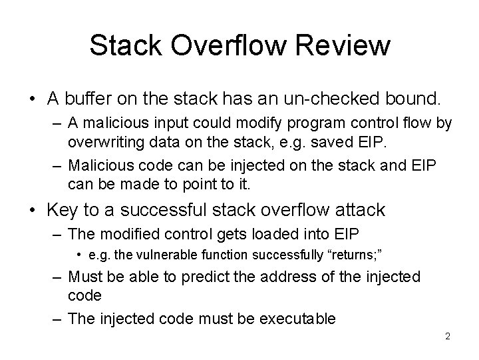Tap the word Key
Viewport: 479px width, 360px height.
coord(66,211)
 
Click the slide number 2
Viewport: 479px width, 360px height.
coord(448,336)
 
